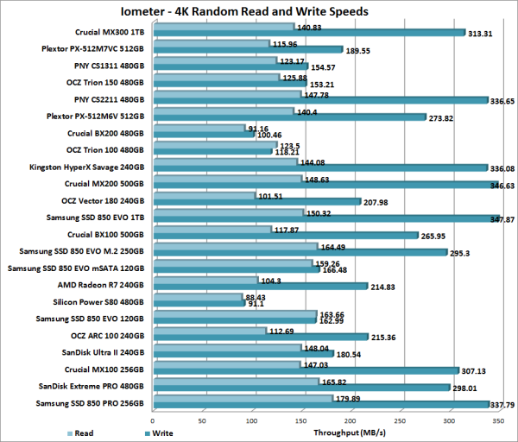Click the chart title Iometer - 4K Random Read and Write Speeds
[259, 11]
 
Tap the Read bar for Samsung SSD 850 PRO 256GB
[241, 397]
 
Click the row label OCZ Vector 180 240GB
[105, 199]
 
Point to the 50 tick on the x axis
[201, 420]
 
